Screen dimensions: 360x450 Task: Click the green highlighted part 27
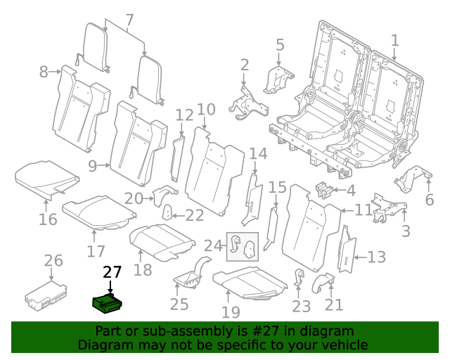108,303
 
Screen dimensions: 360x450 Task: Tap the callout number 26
53,262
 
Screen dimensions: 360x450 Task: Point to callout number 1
394,40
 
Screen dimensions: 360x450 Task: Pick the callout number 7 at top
128,21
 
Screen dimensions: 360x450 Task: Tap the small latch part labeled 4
323,190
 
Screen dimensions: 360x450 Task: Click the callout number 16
48,219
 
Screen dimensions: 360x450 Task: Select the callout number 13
377,257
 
